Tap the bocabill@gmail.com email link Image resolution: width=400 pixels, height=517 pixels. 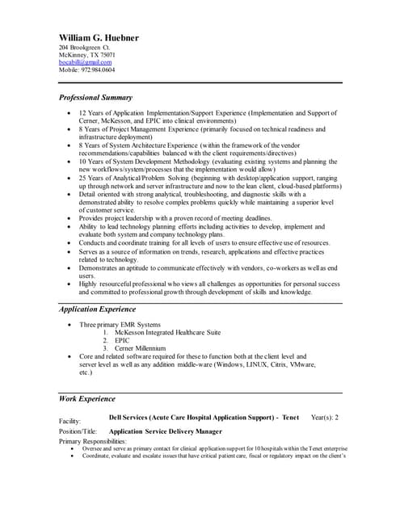86,62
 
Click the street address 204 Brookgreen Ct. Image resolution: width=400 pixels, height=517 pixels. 86,48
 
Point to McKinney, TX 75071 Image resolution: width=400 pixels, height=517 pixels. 87,55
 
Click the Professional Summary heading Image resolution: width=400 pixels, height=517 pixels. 95,97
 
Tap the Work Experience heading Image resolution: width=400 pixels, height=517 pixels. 87,398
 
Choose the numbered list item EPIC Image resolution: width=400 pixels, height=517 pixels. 123,340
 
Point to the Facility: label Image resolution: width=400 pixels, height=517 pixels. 70,421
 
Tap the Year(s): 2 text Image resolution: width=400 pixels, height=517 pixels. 324,417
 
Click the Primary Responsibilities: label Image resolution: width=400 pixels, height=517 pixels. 93,441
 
